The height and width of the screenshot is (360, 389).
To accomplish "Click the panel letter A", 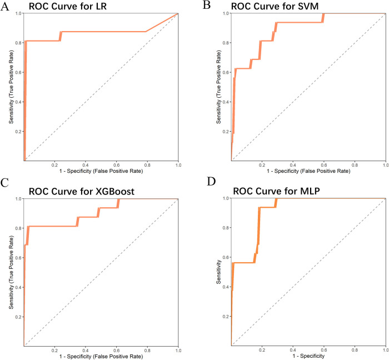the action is click(4, 7).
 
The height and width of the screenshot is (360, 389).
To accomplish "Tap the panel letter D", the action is click(211, 182).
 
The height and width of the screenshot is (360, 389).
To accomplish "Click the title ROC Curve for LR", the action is click(68, 6).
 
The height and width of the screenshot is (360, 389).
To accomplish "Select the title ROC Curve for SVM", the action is click(275, 6).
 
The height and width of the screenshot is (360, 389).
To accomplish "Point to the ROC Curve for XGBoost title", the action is click(82, 192).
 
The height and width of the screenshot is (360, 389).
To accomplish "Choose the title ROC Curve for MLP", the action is click(276, 191).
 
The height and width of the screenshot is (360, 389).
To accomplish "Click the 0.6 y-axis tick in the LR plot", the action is click(18, 72).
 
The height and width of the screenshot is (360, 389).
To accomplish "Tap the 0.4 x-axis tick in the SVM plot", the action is click(293, 165).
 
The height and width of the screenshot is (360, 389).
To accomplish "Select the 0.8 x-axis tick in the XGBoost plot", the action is click(147, 351).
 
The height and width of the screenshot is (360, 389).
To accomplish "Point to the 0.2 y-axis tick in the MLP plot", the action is click(226, 317).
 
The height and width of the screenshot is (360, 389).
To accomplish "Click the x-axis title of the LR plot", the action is click(101, 171).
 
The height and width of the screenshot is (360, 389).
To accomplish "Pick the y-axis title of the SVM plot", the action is click(218, 87).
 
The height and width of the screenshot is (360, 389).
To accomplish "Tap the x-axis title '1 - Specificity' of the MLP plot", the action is click(308, 356).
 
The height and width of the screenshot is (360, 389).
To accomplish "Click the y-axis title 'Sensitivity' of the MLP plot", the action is click(218, 272).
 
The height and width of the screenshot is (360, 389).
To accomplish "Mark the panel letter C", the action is click(4, 183).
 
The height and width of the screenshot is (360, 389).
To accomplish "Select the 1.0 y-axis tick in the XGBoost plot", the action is click(18, 199).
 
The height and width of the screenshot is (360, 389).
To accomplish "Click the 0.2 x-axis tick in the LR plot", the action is click(54, 165).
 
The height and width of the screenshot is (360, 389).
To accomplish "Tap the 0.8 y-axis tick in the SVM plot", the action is click(226, 43).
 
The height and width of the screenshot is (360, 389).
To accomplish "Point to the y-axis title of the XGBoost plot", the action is click(11, 272).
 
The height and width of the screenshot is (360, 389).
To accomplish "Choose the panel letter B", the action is click(207, 5).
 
